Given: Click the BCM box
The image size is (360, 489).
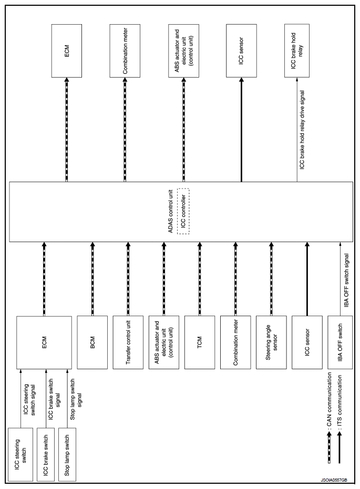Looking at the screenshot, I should (x=92, y=342).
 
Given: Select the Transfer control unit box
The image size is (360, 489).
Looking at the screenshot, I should (x=128, y=342).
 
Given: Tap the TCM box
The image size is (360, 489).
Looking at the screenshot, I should (x=200, y=342).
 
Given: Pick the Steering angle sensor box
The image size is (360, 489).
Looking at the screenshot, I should (x=271, y=342).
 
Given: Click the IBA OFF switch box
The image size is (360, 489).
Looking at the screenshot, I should (x=340, y=342).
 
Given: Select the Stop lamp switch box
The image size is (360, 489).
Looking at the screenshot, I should (x=67, y=454).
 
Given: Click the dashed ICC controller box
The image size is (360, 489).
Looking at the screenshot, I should (x=183, y=211).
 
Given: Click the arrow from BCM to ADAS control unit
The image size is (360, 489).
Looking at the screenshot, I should (x=92, y=279).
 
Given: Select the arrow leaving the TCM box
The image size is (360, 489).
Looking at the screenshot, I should (x=200, y=279).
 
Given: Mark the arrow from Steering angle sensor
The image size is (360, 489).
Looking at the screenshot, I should (x=271, y=279).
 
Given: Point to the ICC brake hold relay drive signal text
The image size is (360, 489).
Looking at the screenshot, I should (x=302, y=129).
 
